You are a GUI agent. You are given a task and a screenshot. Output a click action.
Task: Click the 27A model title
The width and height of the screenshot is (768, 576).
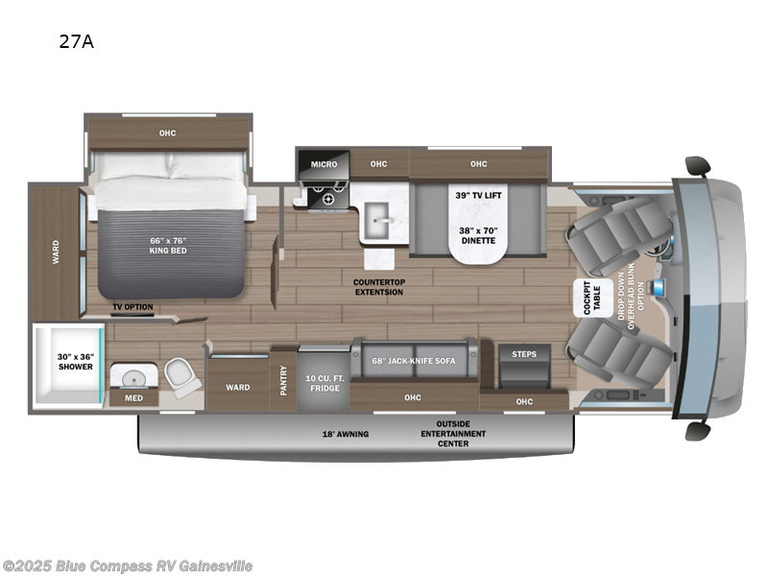82,41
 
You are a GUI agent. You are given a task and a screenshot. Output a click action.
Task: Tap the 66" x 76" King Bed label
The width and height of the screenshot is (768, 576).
167,246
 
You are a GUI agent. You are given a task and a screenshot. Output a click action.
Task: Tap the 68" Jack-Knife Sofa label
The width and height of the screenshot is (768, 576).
414,361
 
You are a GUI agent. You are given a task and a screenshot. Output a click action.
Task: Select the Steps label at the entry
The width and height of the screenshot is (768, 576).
523,353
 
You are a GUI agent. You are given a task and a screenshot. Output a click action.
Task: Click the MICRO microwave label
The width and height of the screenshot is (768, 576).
324,164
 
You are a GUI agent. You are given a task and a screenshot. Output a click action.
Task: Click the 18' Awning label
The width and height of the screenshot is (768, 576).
346,434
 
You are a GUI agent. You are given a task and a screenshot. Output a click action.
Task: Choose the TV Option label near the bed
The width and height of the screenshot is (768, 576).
132,308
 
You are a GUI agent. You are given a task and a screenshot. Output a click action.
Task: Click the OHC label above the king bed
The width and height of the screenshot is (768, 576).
168,132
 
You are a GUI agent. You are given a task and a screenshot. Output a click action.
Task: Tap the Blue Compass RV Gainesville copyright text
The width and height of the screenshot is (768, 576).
128,565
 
